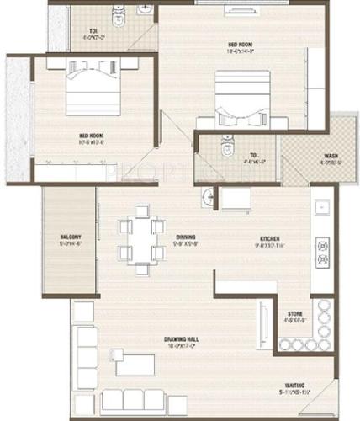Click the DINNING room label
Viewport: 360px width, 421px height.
click(x=187, y=237)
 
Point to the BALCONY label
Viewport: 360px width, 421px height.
click(x=71, y=238)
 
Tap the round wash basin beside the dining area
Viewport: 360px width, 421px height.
click(x=207, y=197)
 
